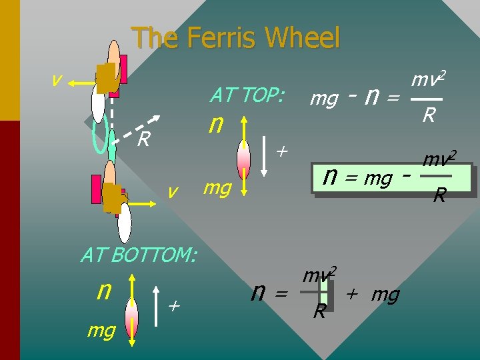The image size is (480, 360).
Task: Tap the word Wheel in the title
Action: pos(303,38)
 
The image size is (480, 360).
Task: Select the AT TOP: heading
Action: pos(247,96)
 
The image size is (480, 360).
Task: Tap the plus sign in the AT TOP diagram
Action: pos(281,153)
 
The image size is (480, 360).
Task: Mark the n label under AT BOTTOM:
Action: pos(104,290)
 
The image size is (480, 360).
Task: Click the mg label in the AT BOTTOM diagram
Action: pos(101,329)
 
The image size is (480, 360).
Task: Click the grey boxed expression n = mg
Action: pos(357,179)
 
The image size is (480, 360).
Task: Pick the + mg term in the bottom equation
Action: pos(373,294)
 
